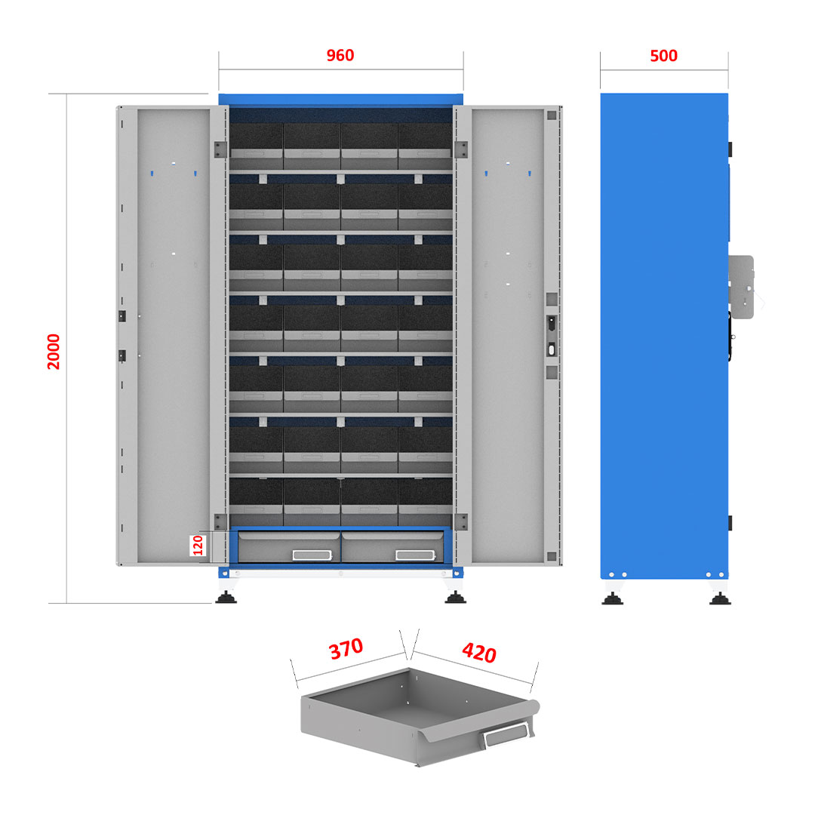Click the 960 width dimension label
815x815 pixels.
[340, 55]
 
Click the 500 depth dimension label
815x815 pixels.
[664, 56]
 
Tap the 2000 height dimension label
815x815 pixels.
[54, 352]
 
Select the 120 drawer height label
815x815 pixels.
[198, 546]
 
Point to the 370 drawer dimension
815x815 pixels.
[346, 649]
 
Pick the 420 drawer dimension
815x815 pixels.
[479, 652]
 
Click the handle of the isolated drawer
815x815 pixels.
[506, 734]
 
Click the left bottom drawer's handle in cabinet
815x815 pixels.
[312, 555]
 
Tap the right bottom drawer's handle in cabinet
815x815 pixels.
[415, 555]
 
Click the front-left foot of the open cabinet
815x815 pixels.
[226, 597]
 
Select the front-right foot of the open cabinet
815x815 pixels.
[455, 597]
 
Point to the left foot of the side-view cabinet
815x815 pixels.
[612, 598]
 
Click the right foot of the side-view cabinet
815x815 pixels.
[721, 598]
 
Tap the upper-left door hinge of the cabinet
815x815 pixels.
[220, 149]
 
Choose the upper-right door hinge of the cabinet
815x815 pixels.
[461, 149]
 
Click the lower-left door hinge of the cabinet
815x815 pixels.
[220, 522]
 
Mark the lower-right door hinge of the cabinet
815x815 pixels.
[461, 522]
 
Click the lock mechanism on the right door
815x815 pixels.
[552, 337]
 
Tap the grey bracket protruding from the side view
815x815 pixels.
[741, 287]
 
